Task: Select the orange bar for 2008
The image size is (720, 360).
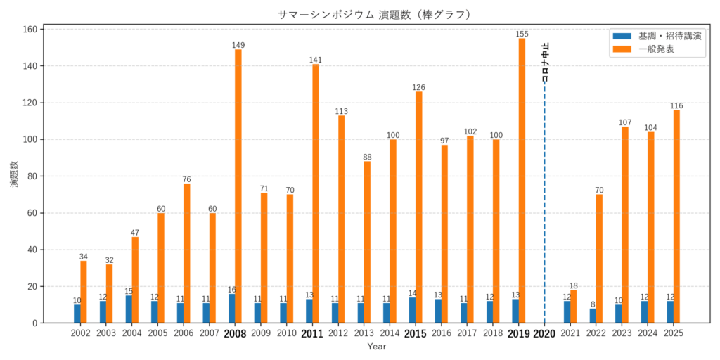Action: (x=238, y=186)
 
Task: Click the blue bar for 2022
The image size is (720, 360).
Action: (x=593, y=316)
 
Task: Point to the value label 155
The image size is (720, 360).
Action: (x=522, y=34)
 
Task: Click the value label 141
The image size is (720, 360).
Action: (x=316, y=60)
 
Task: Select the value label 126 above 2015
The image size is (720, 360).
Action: (x=418, y=87)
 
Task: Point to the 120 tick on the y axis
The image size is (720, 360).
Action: (x=30, y=103)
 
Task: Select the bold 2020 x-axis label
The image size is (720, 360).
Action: (x=544, y=333)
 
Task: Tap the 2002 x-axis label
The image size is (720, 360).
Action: (x=80, y=333)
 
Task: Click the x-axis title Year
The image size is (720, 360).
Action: (x=377, y=347)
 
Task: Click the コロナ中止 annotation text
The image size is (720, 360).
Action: (x=546, y=63)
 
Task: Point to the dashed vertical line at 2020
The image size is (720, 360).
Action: (x=544, y=211)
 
